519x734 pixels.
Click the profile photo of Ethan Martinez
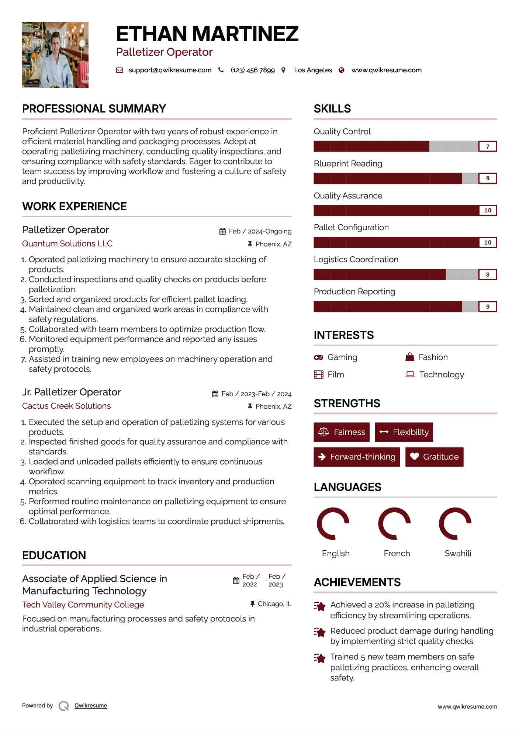pyautogui.click(x=55, y=55)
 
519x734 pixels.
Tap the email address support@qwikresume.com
pyautogui.click(x=170, y=70)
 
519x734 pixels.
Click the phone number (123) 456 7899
pyautogui.click(x=253, y=70)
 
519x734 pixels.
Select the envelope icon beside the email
pyautogui.click(x=120, y=70)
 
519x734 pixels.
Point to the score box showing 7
pyautogui.click(x=487, y=146)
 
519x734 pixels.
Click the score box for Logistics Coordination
pyautogui.click(x=487, y=274)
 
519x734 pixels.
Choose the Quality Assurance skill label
pyautogui.click(x=348, y=195)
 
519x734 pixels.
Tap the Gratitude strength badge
pyautogui.click(x=434, y=457)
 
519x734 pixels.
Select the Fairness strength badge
pyautogui.click(x=342, y=432)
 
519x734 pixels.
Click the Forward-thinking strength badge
pyautogui.click(x=357, y=457)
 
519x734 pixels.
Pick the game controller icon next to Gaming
pyautogui.click(x=318, y=357)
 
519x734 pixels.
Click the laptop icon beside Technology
pyautogui.click(x=410, y=374)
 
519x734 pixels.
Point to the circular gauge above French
pyautogui.click(x=394, y=523)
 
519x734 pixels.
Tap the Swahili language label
pyautogui.click(x=458, y=553)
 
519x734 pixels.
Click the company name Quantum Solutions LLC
pyautogui.click(x=67, y=243)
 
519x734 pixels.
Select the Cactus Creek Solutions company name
pyautogui.click(x=66, y=406)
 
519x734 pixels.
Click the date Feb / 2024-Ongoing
pyautogui.click(x=260, y=231)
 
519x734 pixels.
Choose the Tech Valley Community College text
pyautogui.click(x=83, y=605)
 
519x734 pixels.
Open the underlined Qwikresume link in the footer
pyautogui.click(x=91, y=706)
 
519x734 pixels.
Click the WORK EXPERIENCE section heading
pyautogui.click(x=75, y=206)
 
